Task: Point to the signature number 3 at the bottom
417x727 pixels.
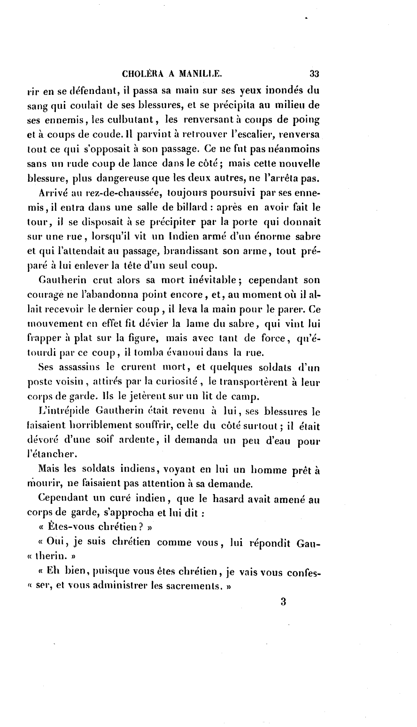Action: (283, 602)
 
